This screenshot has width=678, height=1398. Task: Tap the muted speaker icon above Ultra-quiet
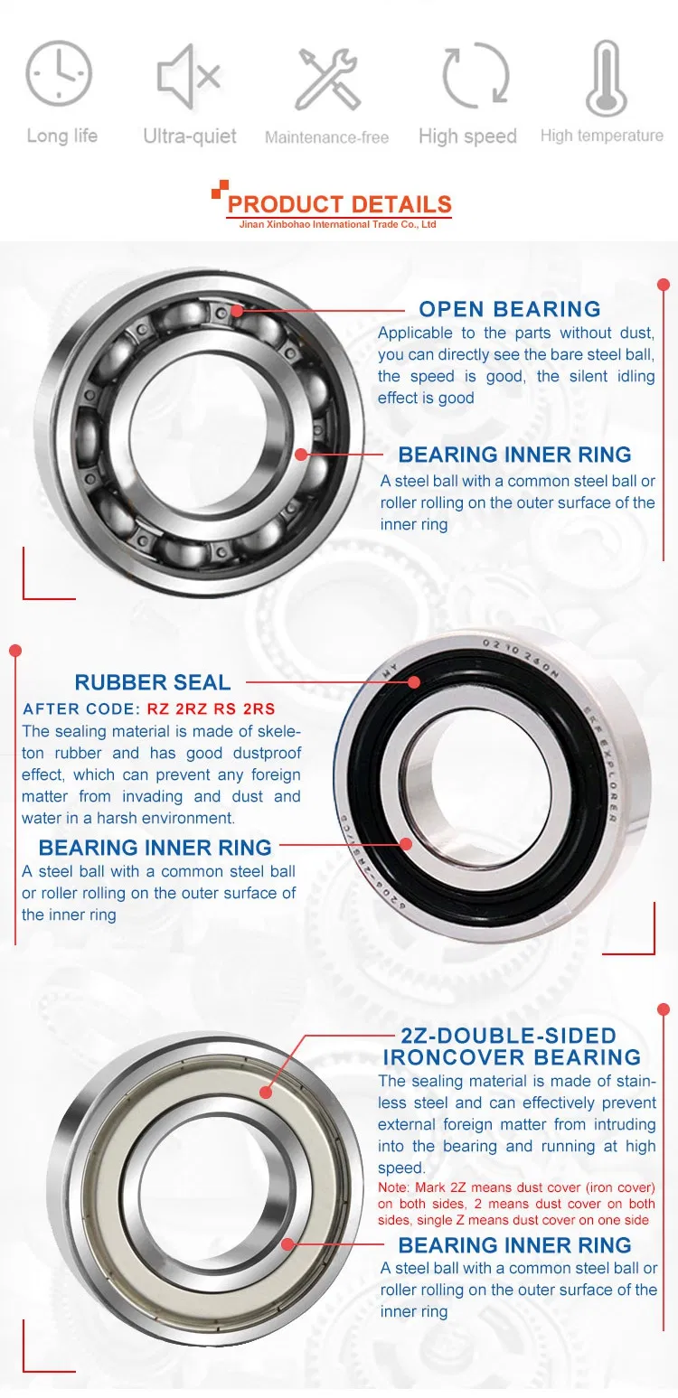click(189, 74)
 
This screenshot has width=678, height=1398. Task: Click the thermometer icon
click(606, 78)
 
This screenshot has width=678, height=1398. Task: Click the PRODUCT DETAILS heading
click(339, 204)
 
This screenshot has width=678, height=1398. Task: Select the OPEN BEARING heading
click(510, 309)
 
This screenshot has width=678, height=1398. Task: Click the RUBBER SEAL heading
click(153, 682)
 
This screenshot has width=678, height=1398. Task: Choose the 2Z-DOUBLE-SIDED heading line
click(508, 1036)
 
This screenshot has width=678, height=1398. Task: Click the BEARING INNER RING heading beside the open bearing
click(514, 455)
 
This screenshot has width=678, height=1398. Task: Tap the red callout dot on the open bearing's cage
click(236, 310)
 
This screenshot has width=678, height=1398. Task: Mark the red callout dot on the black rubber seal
click(412, 683)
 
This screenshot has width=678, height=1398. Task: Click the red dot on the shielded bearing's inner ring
click(288, 1244)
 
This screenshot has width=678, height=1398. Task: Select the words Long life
click(61, 136)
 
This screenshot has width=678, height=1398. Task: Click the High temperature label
click(601, 136)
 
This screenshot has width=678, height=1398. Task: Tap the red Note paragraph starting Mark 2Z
click(516, 1204)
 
